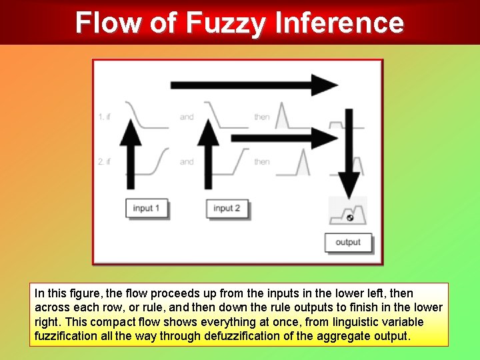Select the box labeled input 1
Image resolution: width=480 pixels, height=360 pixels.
tap(147, 208)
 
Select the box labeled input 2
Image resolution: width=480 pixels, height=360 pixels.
tap(227, 208)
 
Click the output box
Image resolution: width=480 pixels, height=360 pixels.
tap(348, 242)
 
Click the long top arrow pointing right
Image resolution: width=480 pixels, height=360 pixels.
tap(253, 85)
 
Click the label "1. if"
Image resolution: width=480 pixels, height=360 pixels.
tap(104, 117)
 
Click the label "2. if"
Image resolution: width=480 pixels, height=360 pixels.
tap(104, 161)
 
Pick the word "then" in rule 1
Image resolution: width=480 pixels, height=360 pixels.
tap(262, 117)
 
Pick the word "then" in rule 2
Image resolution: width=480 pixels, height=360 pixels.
tap(262, 161)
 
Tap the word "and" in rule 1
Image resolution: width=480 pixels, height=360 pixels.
tap(187, 117)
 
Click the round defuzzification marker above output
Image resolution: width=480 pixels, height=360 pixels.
tap(349, 217)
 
